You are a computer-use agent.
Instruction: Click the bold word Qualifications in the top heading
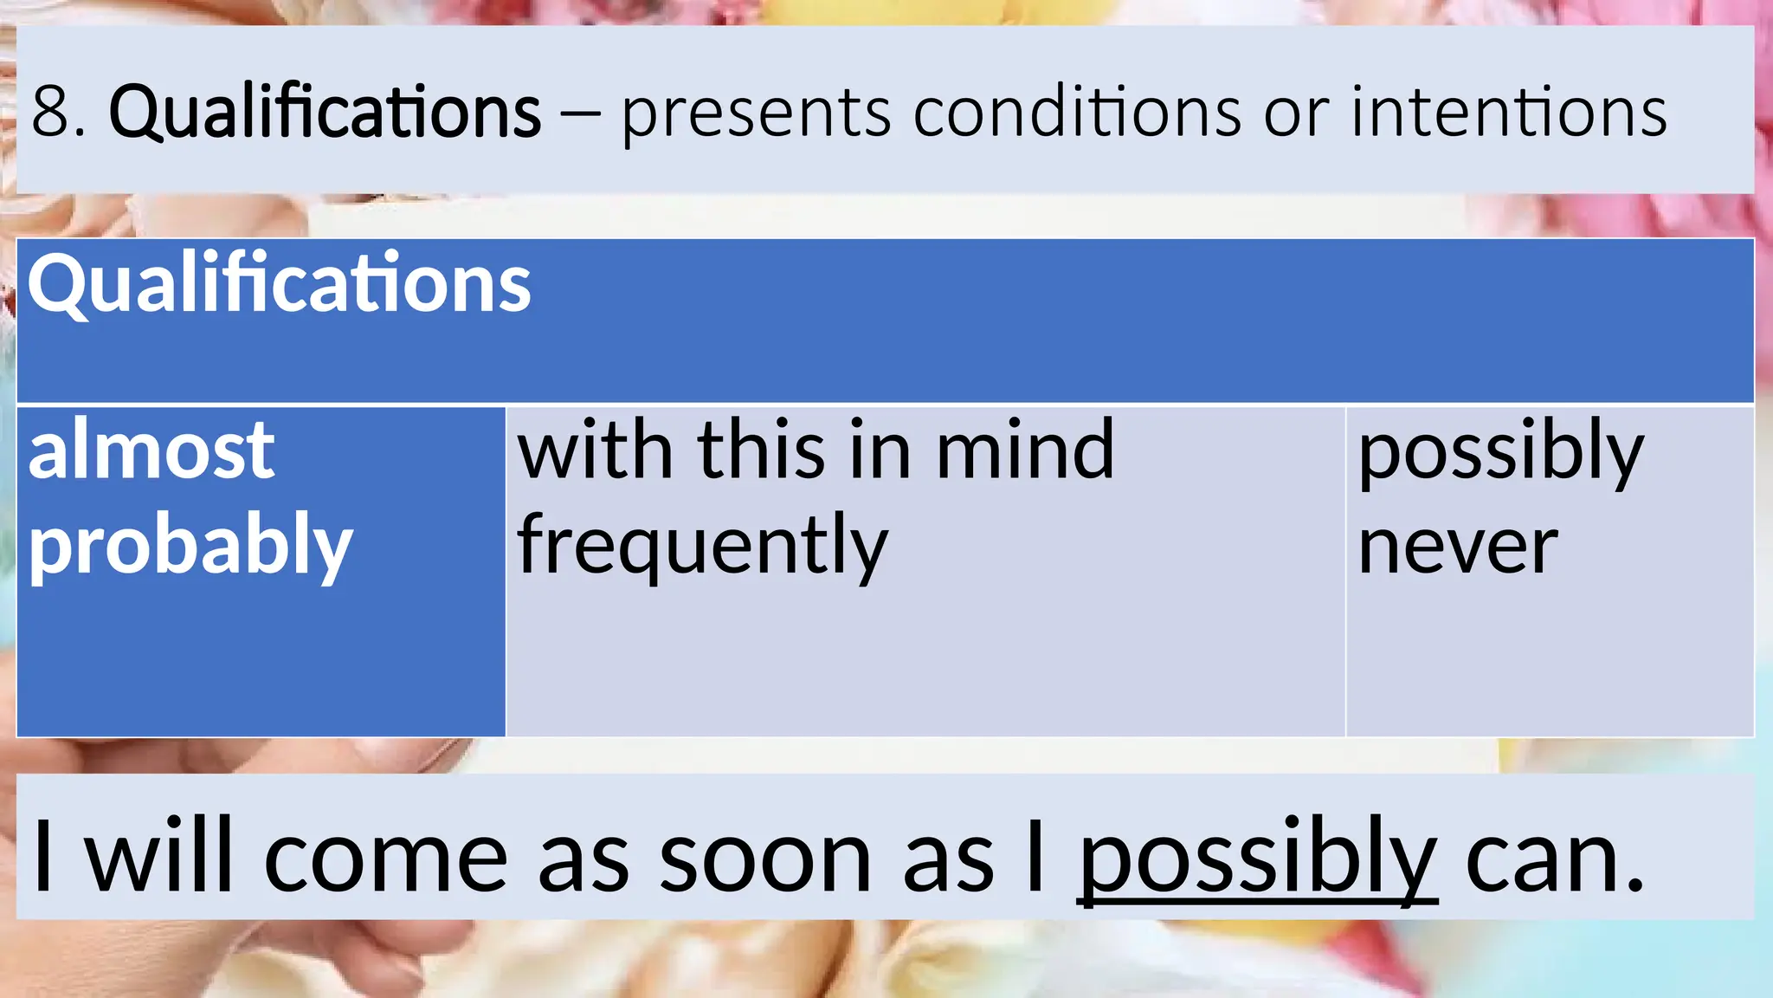pos(325,113)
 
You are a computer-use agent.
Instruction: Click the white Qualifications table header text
pos(279,284)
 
